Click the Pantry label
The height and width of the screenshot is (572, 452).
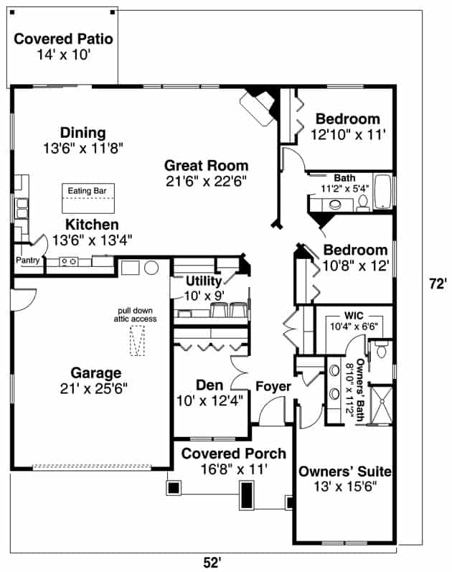pos(27,261)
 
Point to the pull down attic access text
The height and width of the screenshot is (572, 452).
pos(138,314)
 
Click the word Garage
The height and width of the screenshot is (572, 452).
pos(95,373)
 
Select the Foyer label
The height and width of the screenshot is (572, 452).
pos(273,388)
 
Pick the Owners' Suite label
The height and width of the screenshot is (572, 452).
pos(344,472)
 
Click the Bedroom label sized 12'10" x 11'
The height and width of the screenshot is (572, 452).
pos(348,119)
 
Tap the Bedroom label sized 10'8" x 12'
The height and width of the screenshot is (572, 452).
pos(355,250)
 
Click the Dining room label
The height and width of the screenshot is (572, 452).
pos(83,133)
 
